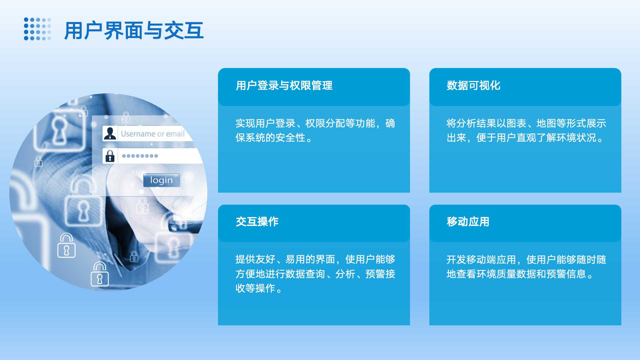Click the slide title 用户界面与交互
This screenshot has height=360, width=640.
[x=134, y=30]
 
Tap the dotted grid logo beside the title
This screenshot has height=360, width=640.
[x=37, y=29]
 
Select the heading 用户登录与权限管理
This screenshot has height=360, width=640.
[x=284, y=85]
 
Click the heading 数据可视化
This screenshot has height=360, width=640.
[x=473, y=85]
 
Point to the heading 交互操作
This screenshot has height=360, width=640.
[x=257, y=222]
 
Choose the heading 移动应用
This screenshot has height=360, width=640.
[x=468, y=222]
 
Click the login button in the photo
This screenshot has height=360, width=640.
[x=162, y=180]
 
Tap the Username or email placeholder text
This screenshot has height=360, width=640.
[x=153, y=134]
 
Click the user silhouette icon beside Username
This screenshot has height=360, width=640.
[x=110, y=133]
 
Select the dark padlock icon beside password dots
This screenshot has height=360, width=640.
[x=110, y=156]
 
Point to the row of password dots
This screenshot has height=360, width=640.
[x=140, y=156]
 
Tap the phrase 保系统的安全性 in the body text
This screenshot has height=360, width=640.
[x=270, y=138]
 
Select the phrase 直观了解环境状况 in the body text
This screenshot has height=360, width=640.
[x=556, y=138]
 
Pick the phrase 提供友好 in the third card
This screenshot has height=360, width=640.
[x=255, y=259]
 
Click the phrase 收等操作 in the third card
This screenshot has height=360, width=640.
[x=255, y=288]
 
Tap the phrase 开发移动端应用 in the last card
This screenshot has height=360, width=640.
[x=481, y=259]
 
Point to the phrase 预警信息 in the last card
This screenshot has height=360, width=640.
[x=566, y=274]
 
